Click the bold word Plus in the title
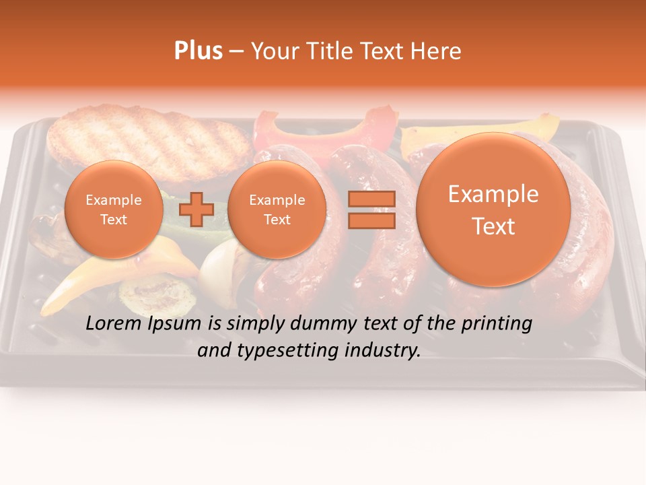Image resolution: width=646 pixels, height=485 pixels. coord(198,51)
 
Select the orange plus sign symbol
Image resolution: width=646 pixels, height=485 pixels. coord(196,209)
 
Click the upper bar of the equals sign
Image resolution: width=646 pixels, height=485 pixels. coord(371,198)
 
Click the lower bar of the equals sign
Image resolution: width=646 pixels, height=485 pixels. coord(371,220)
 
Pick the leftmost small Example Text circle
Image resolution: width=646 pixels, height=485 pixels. coord(113,209)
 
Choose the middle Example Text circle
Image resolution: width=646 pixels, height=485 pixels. coord(277,209)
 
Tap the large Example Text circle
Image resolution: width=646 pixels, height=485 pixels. coord(493,209)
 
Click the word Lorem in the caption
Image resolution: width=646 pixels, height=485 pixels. coord(114,324)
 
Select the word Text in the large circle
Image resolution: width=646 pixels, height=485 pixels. coord(493,226)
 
